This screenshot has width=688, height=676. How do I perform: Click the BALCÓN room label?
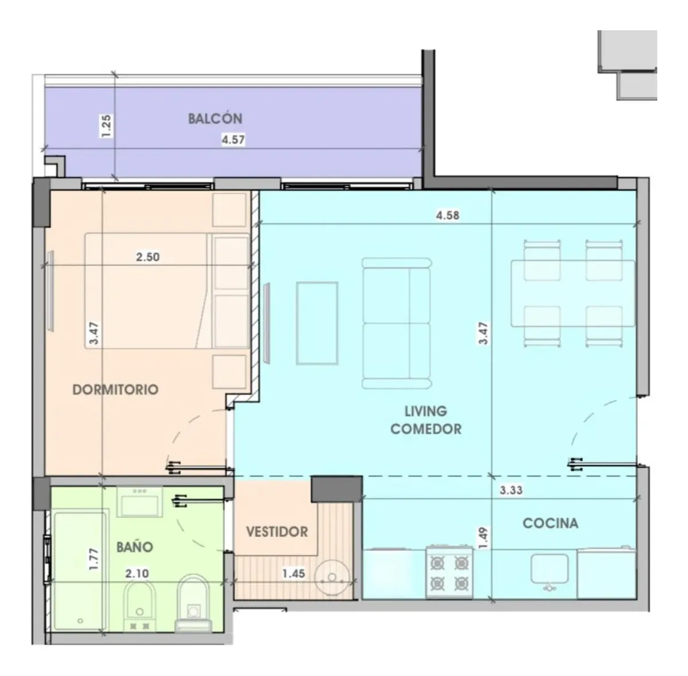(215, 119)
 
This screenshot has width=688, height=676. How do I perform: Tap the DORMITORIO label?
(115, 389)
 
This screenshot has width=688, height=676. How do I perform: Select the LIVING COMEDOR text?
(425, 420)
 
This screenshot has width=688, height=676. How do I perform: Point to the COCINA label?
(550, 523)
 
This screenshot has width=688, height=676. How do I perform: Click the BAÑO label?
(135, 547)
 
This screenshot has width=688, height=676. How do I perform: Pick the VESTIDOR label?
(277, 532)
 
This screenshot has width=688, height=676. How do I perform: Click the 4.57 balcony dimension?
(233, 140)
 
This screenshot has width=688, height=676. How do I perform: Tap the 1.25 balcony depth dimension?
(105, 126)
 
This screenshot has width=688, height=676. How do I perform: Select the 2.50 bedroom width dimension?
(147, 257)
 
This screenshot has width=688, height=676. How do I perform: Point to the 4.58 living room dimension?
(447, 215)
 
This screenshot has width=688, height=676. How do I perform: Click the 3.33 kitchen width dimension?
(511, 490)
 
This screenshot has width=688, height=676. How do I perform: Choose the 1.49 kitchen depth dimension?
(483, 538)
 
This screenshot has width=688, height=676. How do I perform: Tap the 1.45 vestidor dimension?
(294, 573)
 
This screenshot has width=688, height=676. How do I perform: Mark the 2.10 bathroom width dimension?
(137, 573)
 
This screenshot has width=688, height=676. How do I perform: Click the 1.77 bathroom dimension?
(93, 559)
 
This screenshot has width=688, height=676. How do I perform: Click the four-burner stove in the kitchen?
(449, 572)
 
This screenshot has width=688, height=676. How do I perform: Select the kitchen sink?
(549, 571)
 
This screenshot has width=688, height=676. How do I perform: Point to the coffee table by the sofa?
(316, 323)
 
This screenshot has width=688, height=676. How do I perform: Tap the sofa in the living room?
(396, 323)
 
